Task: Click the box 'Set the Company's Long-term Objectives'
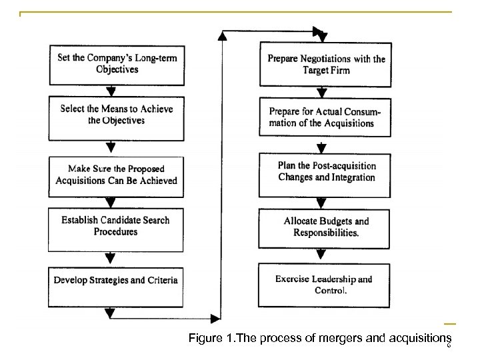(x=117, y=64)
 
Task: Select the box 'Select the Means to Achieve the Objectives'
(x=117, y=115)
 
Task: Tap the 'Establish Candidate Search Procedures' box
(x=117, y=226)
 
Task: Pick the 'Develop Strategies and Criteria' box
(x=117, y=280)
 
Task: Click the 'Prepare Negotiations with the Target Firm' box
(x=325, y=65)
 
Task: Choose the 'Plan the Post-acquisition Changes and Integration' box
(x=325, y=172)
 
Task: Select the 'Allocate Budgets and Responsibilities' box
(x=325, y=227)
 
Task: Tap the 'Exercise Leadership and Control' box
(x=325, y=285)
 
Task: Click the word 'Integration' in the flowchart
(x=351, y=178)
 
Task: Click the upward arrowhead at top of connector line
(x=222, y=37)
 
